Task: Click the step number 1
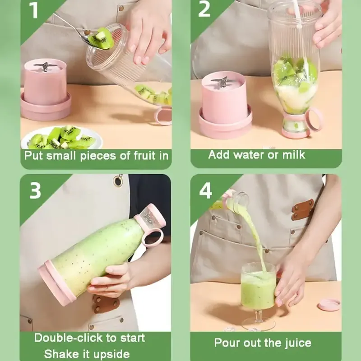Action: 34,10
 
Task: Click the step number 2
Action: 204,9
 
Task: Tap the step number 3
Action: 36,191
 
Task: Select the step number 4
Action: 206,191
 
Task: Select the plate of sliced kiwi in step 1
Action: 61,138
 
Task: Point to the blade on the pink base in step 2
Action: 221,82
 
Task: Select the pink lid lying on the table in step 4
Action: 329,305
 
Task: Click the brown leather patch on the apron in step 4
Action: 302,209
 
